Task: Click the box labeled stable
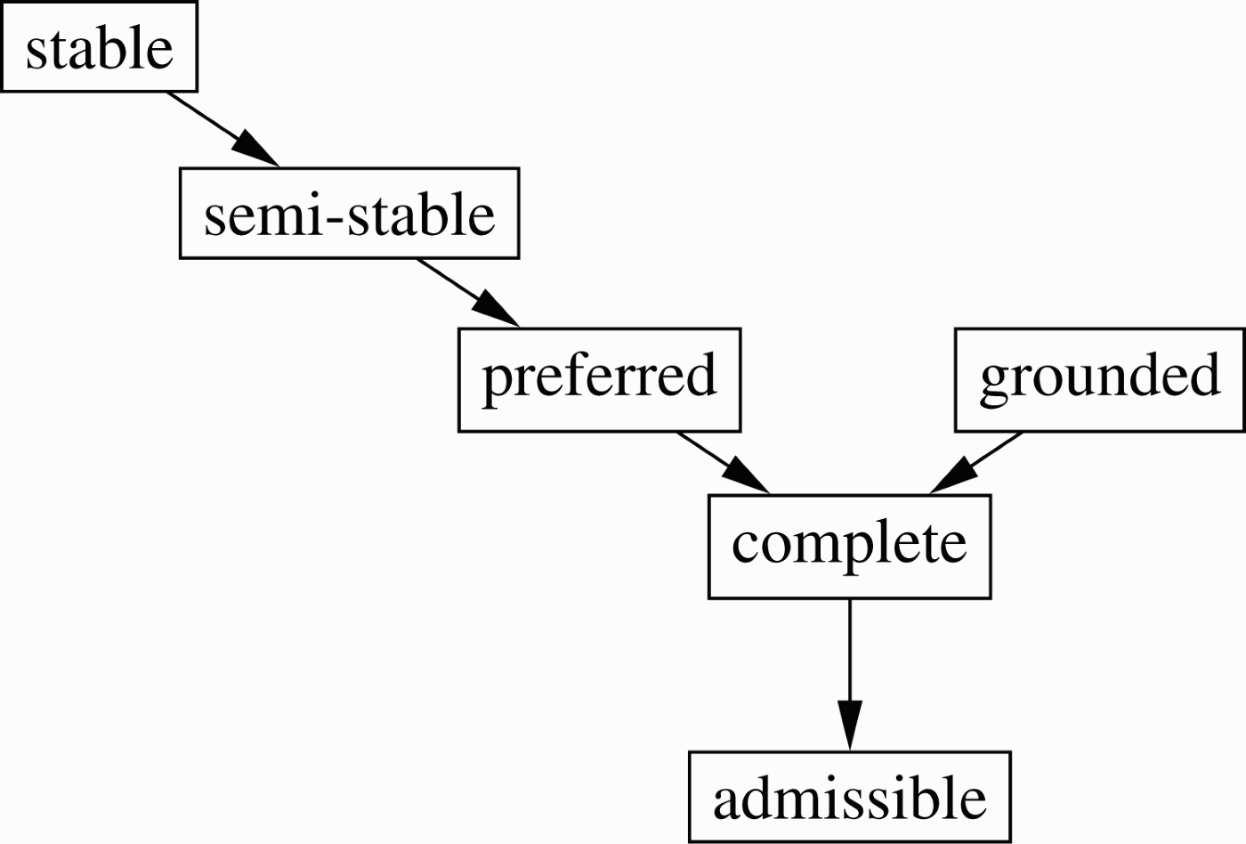pyautogui.click(x=99, y=46)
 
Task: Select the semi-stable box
pyautogui.click(x=349, y=213)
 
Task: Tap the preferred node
pyautogui.click(x=600, y=380)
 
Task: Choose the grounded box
pyautogui.click(x=1100, y=380)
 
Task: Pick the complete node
pyautogui.click(x=849, y=547)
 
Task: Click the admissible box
pyautogui.click(x=849, y=798)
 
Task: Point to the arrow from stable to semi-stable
pyautogui.click(x=223, y=129)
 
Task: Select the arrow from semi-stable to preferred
pyautogui.click(x=468, y=293)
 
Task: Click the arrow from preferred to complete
pyautogui.click(x=723, y=463)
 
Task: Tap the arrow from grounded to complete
pyautogui.click(x=975, y=463)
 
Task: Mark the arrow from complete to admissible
pyautogui.click(x=850, y=675)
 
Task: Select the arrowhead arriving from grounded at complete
pyautogui.click(x=952, y=476)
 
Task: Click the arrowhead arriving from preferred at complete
pyautogui.click(x=747, y=476)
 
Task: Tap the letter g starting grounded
pyautogui.click(x=998, y=384)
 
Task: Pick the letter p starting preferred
pyautogui.click(x=500, y=384)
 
